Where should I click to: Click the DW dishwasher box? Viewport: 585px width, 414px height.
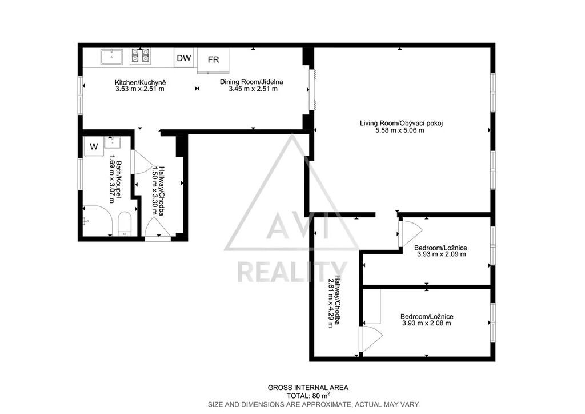(x=183, y=58)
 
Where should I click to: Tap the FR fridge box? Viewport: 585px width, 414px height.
(x=213, y=60)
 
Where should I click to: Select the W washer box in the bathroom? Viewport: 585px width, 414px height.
(x=94, y=146)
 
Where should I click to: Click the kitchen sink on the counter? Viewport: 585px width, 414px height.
(x=111, y=58)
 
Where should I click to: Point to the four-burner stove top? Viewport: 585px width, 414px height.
(x=141, y=57)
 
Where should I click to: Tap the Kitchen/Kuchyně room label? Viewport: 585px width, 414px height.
(x=141, y=82)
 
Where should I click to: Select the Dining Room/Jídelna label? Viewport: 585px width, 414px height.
(x=251, y=82)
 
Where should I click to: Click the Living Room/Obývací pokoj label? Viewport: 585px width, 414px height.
(x=402, y=123)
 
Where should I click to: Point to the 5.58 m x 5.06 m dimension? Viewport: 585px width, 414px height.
(x=399, y=130)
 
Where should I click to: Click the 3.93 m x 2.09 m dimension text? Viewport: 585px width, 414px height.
(x=442, y=254)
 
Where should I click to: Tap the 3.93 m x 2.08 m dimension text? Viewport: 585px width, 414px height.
(x=426, y=323)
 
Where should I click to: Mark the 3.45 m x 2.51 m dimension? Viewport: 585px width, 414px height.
(x=253, y=89)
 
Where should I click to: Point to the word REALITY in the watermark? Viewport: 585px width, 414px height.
(x=292, y=272)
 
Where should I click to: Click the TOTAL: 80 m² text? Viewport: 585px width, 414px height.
(x=308, y=395)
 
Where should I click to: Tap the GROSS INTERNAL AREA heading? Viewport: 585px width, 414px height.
(x=308, y=388)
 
